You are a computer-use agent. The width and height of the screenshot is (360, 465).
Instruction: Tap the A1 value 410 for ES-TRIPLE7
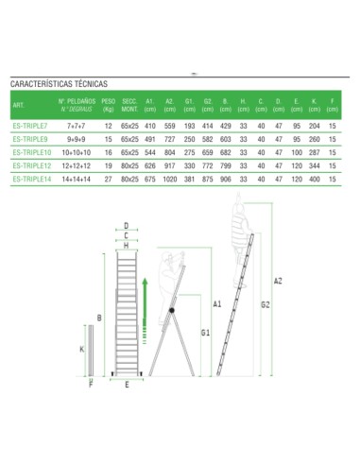pos(149,126)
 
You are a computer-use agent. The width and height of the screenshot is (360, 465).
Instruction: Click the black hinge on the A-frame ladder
pos(170,313)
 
